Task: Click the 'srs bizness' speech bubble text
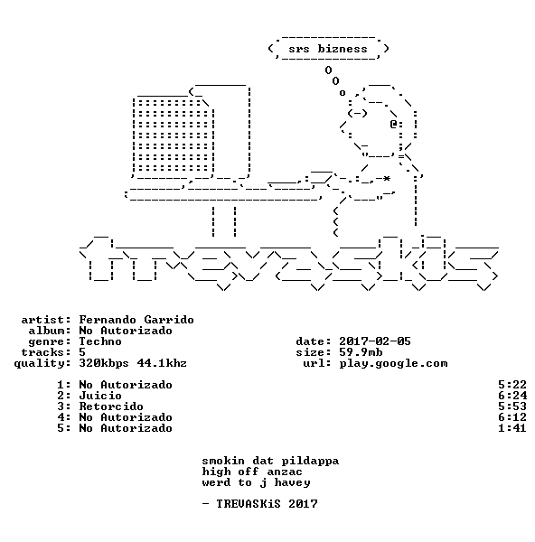pyautogui.click(x=328, y=49)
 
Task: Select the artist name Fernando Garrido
pyautogui.click(x=136, y=320)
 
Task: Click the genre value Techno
pyautogui.click(x=100, y=341)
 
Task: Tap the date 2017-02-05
pyautogui.click(x=374, y=341)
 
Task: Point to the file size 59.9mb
pyautogui.click(x=361, y=352)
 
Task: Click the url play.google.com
pyautogui.click(x=393, y=363)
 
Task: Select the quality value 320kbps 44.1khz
pyautogui.click(x=133, y=363)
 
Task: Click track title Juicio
pyautogui.click(x=100, y=396)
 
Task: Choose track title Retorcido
pyautogui.click(x=111, y=406)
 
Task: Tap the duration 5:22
pyautogui.click(x=512, y=385)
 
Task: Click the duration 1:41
pyautogui.click(x=512, y=428)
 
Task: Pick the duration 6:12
pyautogui.click(x=512, y=417)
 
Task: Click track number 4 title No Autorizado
pyautogui.click(x=126, y=417)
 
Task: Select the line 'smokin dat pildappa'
pyautogui.click(x=270, y=461)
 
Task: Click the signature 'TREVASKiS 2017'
pyautogui.click(x=267, y=504)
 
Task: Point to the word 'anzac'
pyautogui.click(x=285, y=472)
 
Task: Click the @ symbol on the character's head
pyautogui.click(x=393, y=124)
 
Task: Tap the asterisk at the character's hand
pyautogui.click(x=387, y=178)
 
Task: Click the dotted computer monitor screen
pyautogui.click(x=173, y=135)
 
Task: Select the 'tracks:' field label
pyautogui.click(x=46, y=352)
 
